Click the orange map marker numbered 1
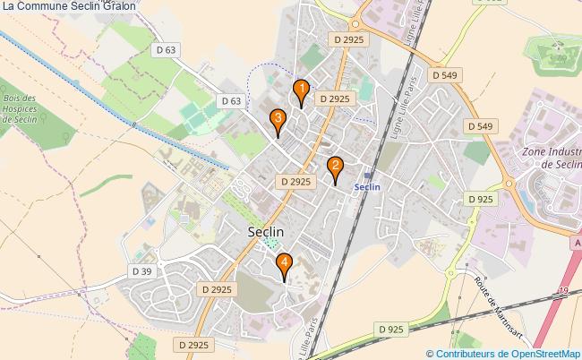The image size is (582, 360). point(302,90)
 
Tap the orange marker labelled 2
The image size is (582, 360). point(335,167)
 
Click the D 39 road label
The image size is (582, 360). point(141,270)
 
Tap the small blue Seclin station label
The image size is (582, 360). point(367,187)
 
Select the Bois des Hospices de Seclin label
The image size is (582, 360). point(19,113)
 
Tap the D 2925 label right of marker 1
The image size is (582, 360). point(332,99)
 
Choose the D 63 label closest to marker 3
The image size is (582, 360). point(230,101)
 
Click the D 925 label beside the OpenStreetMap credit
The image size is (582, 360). point(391,330)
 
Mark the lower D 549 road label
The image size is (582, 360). point(480,126)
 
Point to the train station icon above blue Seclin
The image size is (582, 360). point(368,174)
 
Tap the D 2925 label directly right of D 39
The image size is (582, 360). point(217,289)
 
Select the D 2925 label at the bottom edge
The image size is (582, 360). point(193,344)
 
